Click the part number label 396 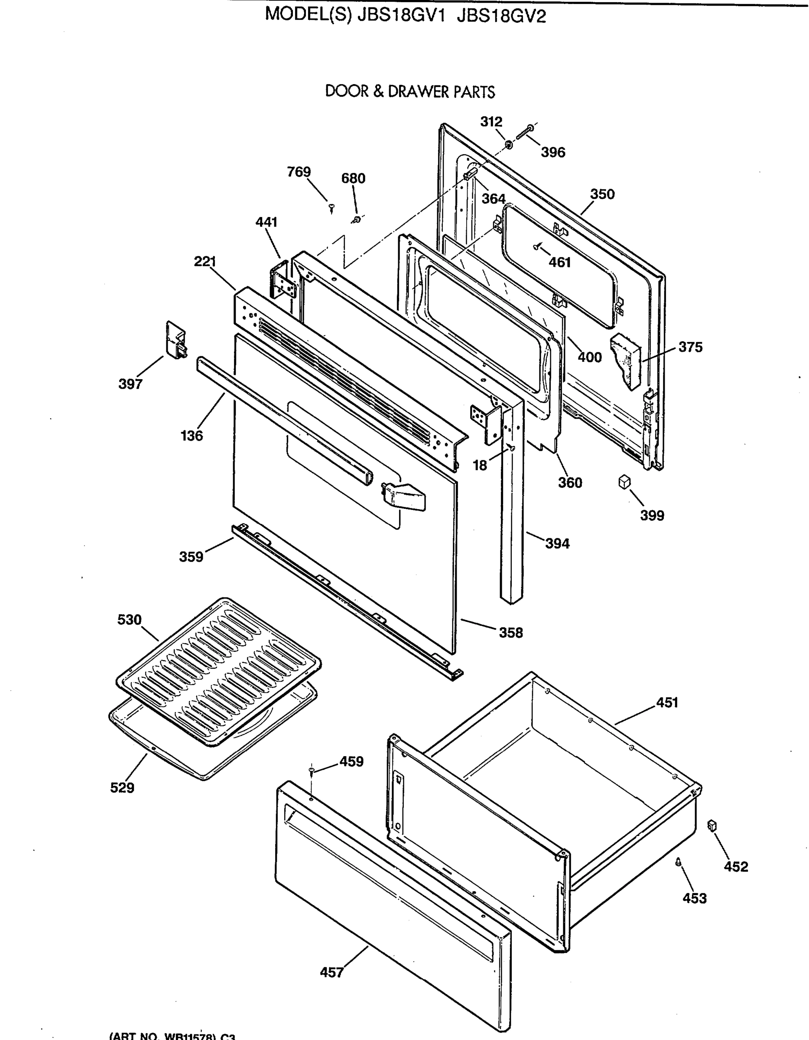[x=552, y=153]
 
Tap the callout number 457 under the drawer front [x=331, y=972]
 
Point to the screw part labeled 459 [x=312, y=770]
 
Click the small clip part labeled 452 [x=712, y=825]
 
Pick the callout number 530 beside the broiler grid [x=130, y=620]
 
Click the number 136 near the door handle [x=192, y=435]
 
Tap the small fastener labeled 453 [x=678, y=861]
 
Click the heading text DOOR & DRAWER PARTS [x=409, y=91]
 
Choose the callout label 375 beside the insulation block [x=690, y=347]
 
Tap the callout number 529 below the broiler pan [x=122, y=788]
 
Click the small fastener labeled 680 [x=356, y=219]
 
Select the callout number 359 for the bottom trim [x=191, y=556]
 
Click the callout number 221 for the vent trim [x=205, y=261]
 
